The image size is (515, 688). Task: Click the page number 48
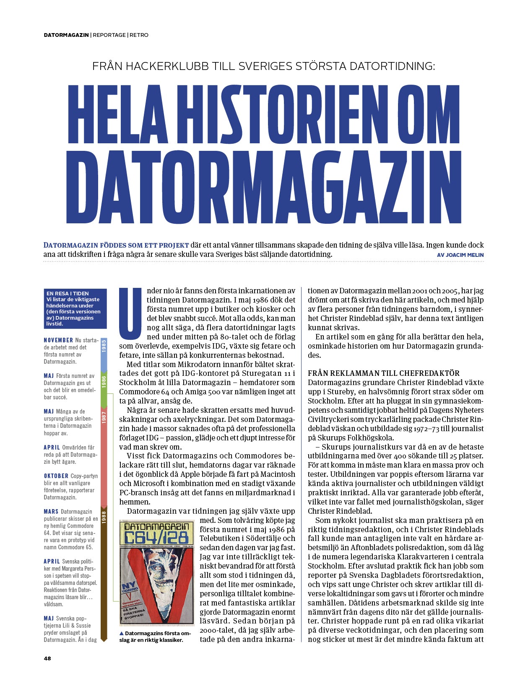click(x=47, y=658)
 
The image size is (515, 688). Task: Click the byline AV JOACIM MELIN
click(x=460, y=255)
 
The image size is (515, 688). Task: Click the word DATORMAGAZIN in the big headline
click(x=263, y=187)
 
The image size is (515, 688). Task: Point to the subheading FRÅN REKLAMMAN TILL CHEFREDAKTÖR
click(x=383, y=373)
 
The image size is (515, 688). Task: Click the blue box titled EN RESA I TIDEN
click(x=75, y=308)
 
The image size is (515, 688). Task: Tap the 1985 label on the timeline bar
click(x=104, y=346)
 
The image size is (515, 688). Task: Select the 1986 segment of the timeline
click(x=104, y=381)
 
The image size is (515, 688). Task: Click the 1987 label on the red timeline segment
click(x=104, y=417)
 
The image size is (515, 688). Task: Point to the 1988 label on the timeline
click(x=104, y=516)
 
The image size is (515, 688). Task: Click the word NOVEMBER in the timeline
click(x=58, y=340)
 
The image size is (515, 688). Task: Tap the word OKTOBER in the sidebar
click(x=56, y=476)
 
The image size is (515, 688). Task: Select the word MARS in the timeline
click(x=51, y=512)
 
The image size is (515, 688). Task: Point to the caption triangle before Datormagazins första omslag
click(x=122, y=633)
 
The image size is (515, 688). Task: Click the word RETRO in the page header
click(x=139, y=35)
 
